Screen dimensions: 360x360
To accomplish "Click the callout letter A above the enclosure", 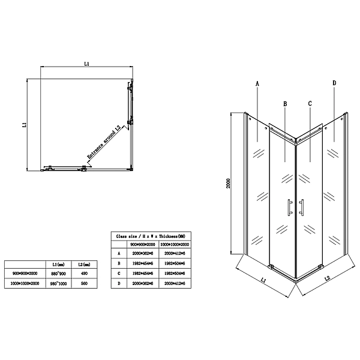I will pos(257,83).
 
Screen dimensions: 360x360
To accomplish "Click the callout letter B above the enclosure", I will pos(286,103).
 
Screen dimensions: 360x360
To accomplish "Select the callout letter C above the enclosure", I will pos(310,103).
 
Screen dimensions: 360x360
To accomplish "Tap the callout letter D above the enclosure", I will pos(334,83).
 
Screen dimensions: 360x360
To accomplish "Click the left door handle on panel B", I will pos(289,206).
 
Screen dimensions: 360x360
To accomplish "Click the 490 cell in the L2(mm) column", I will pos(83,274).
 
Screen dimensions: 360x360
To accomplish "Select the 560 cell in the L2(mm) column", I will pos(83,283).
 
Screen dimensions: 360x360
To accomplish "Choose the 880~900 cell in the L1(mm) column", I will pos(58,274).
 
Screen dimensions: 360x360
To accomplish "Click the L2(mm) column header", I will pos(83,264).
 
